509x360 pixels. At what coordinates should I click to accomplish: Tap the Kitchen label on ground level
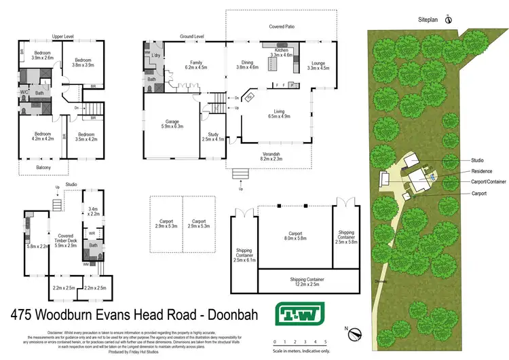coord(281,51)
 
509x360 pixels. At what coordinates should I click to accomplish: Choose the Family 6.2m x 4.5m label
coord(195,65)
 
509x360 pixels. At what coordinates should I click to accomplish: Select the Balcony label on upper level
coord(43,167)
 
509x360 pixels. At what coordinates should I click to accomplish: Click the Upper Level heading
coord(62,37)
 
